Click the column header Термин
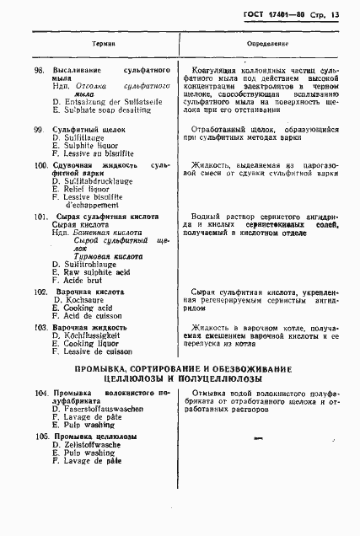tap(104, 41)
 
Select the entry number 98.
tap(38, 71)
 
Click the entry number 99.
tap(38, 128)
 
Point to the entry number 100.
tap(40, 166)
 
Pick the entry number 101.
tap(40, 217)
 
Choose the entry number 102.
tap(40, 290)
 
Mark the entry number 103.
tap(40, 325)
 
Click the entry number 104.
tap(40, 393)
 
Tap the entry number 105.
tap(40, 437)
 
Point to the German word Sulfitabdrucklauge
tap(99, 182)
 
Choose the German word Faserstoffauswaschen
tap(101, 410)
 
